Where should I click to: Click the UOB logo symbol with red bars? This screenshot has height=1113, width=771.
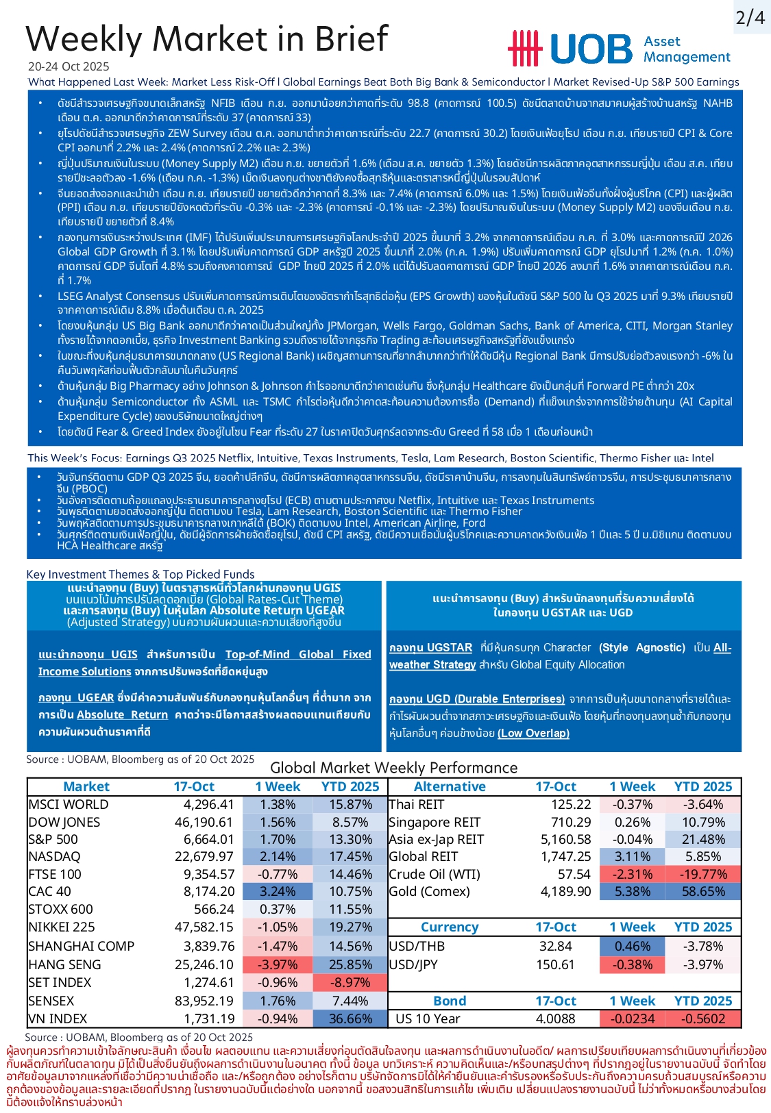tap(524, 49)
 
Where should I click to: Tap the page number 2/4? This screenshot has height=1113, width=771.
tap(750, 18)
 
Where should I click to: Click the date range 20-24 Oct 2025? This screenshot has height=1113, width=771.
tap(69, 66)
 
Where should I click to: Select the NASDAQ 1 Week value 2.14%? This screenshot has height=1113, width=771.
tap(278, 857)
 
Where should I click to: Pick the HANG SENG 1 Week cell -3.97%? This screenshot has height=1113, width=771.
tap(278, 964)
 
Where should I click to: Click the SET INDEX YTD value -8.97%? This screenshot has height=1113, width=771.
tap(350, 982)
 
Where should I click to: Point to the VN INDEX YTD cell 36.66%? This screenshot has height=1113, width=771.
tap(350, 1018)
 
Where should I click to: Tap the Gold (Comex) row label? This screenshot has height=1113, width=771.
tap(429, 891)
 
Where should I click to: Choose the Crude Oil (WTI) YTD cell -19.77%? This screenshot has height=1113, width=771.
tap(703, 874)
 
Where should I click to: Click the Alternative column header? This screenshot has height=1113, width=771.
tap(450, 787)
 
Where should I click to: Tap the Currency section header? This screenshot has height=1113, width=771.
tap(450, 927)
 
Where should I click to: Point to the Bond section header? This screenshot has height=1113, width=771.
tap(450, 1001)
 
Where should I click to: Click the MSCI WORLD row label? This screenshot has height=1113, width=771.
tap(69, 805)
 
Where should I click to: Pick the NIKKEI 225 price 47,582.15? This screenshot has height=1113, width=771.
tap(204, 927)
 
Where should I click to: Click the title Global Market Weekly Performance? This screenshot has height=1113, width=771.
tap(394, 768)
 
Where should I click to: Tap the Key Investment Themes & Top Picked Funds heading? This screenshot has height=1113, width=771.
tap(140, 574)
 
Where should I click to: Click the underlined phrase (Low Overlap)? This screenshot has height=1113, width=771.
tap(533, 734)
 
